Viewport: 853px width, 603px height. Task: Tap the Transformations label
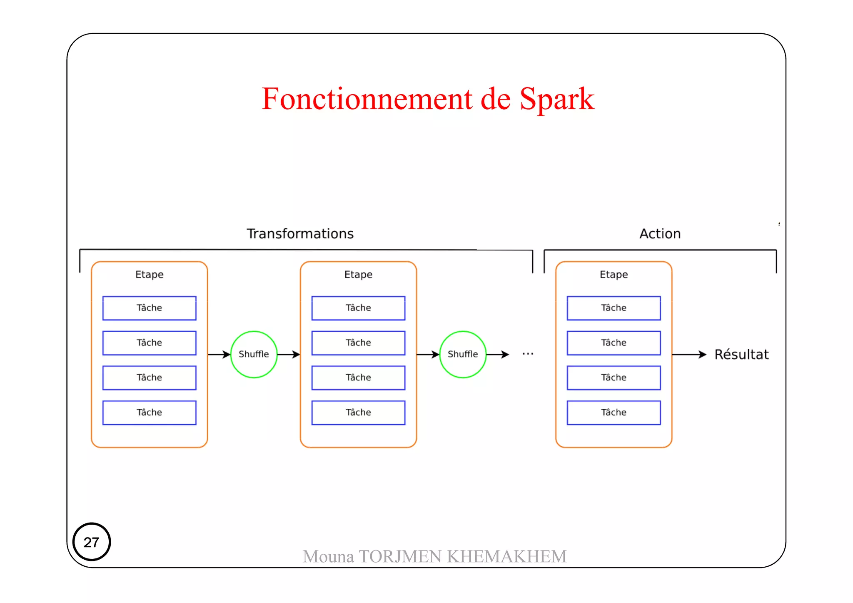tap(300, 234)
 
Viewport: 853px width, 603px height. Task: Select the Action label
tap(660, 234)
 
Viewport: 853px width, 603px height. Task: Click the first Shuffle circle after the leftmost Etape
tap(254, 354)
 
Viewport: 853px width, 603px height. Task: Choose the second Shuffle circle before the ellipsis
tap(463, 354)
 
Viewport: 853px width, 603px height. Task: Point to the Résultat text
tap(741, 354)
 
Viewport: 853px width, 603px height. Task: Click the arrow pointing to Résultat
tap(689, 354)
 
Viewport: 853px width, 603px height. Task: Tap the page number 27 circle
tap(92, 542)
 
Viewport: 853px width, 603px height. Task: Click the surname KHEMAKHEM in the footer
tap(507, 556)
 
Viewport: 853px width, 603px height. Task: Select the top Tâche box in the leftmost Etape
tap(149, 308)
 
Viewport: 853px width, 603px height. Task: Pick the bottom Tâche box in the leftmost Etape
tap(149, 413)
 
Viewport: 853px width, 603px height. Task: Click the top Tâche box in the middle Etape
tap(358, 308)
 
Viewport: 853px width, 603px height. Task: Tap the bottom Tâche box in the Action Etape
tap(614, 413)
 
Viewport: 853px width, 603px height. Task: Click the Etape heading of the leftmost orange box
tap(149, 274)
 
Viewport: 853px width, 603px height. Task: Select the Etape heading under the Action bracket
tap(614, 274)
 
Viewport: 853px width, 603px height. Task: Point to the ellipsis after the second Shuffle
tap(528, 354)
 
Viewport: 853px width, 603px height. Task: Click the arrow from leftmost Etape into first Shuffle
tap(219, 354)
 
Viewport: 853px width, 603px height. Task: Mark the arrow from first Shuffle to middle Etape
tap(289, 354)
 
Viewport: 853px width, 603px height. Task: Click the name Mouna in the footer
tap(328, 556)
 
